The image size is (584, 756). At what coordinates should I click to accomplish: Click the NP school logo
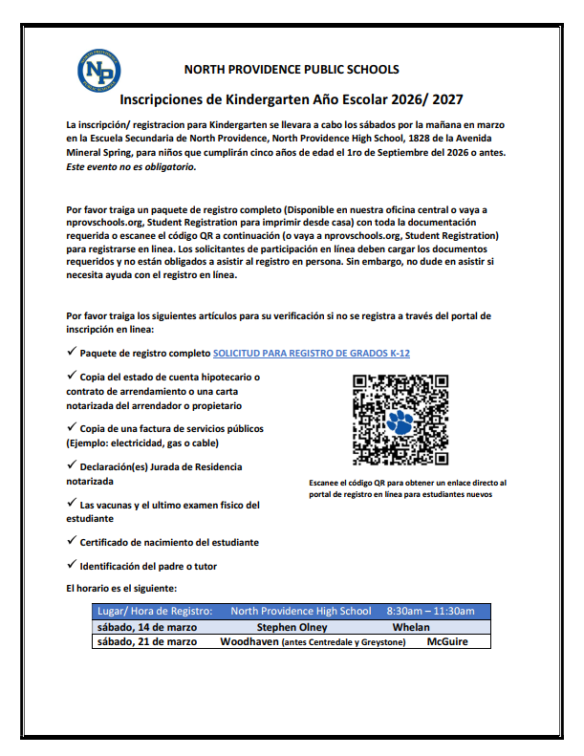pyautogui.click(x=98, y=71)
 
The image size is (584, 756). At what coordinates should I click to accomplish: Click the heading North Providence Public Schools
pyautogui.click(x=292, y=70)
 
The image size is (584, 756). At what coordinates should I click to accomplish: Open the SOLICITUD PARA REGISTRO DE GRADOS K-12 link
pyautogui.click(x=312, y=354)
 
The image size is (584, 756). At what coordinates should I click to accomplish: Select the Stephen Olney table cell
pyautogui.click(x=292, y=627)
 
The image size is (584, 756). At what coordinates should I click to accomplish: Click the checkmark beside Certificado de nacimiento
pyautogui.click(x=72, y=541)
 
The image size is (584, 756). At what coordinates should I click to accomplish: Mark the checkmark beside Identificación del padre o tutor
pyautogui.click(x=72, y=565)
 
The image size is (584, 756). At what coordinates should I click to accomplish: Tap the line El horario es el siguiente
pyautogui.click(x=122, y=588)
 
